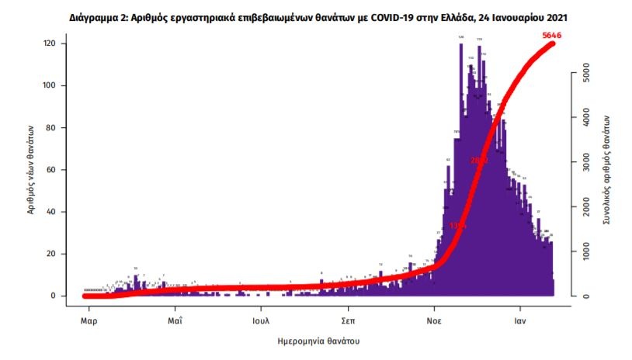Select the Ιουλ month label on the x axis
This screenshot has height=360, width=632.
[x=262, y=318]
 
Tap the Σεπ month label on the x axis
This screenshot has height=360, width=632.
[x=349, y=318]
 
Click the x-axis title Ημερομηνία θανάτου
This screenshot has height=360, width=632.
[x=318, y=341]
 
